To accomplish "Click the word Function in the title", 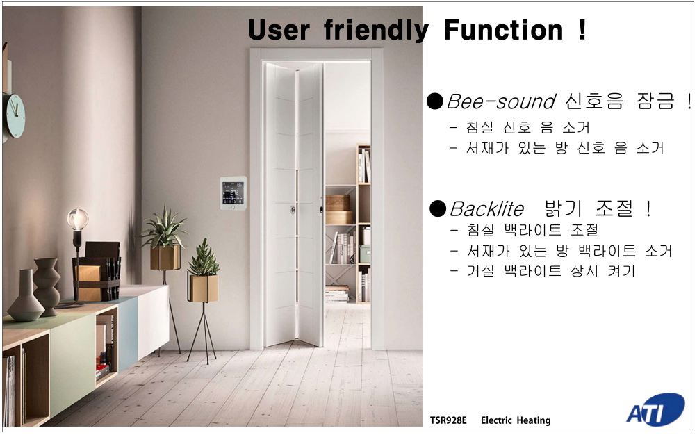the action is click(x=503, y=30).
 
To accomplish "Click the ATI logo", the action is click(x=656, y=410).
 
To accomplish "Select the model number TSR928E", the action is click(x=448, y=420).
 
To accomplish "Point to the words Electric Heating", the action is click(x=516, y=420).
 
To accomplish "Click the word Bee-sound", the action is click(x=501, y=101).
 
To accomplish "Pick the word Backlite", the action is click(x=486, y=209).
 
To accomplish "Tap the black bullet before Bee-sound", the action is click(x=435, y=101).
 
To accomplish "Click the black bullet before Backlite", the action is click(x=438, y=208).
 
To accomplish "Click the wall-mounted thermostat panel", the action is click(x=233, y=193).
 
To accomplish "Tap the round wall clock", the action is click(x=14, y=115).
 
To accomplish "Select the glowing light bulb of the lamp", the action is click(x=78, y=220).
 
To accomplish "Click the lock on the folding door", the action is click(x=293, y=208).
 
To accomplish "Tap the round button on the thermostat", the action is click(x=233, y=207).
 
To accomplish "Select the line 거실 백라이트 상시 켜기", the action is click(x=543, y=270).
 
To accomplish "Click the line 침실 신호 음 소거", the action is click(x=520, y=128).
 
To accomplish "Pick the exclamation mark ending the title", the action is click(x=582, y=30).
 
